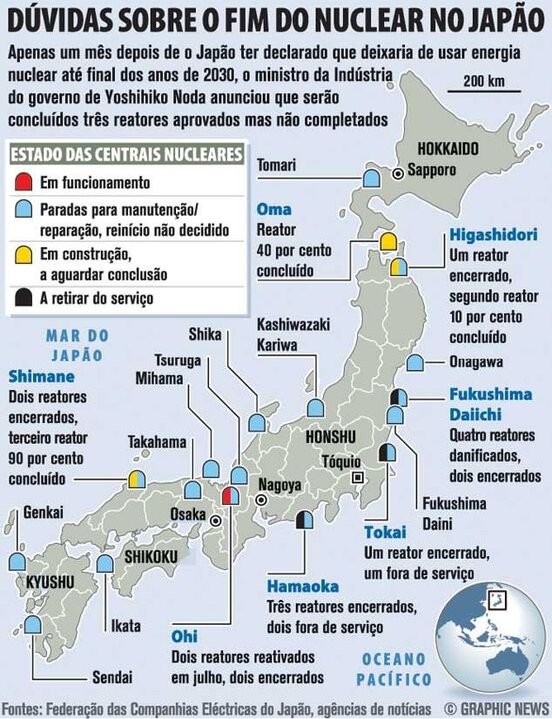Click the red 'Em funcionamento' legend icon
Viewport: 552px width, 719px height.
[x=23, y=183]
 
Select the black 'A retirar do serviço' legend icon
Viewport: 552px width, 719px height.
[x=23, y=297]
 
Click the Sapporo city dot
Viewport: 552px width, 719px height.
[x=397, y=173]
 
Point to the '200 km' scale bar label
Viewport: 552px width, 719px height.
[x=483, y=80]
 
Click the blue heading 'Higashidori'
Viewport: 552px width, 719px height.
[x=493, y=235]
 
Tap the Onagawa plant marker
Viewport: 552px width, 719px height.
[x=414, y=363]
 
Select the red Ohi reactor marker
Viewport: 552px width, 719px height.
[x=229, y=496]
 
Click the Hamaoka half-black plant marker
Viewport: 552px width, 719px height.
[x=305, y=519]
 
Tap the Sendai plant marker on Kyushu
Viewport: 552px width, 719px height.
[x=33, y=624]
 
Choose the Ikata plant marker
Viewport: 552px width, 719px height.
[x=105, y=563]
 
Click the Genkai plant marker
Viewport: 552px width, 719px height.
[x=17, y=561]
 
